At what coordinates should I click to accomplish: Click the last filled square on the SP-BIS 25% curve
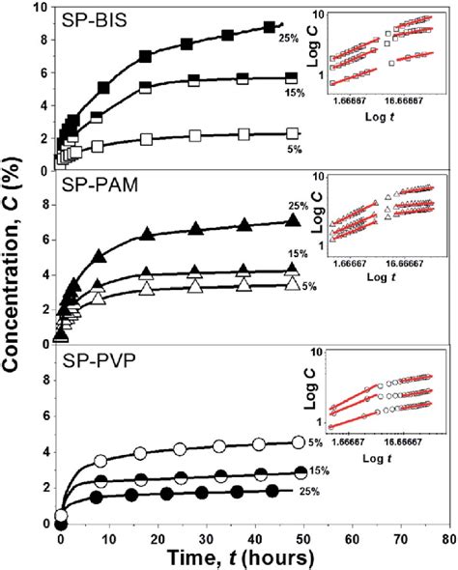[x=269, y=27]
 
